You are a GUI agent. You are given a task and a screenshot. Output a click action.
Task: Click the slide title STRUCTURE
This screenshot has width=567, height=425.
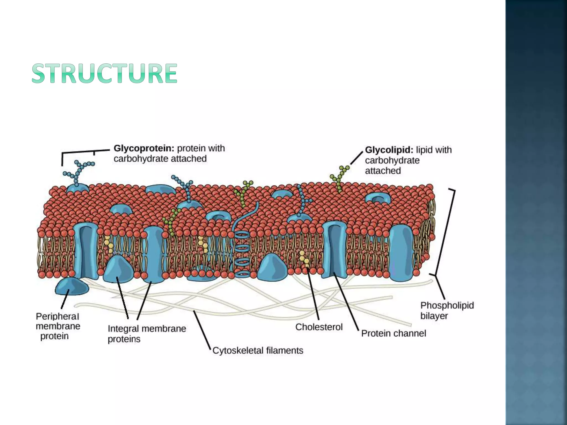pos(104,73)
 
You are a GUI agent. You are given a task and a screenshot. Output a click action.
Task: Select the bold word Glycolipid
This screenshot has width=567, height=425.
pos(389,150)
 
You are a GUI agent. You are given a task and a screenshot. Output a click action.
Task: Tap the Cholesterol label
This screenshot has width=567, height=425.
pos(319,327)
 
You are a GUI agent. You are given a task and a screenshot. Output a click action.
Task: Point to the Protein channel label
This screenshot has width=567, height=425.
pos(393,333)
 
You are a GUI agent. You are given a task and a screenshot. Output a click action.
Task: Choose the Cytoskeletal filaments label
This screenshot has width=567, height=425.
pos(258,351)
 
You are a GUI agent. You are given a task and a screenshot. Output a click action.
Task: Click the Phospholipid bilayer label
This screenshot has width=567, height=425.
pos(447,310)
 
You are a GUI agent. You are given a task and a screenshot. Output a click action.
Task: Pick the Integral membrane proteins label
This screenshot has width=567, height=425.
pos(147,334)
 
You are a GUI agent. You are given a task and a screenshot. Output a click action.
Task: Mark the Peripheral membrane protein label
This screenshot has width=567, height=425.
pos(58,326)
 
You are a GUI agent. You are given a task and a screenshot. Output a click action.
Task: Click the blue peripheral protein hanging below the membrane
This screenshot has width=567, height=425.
pos(72,287)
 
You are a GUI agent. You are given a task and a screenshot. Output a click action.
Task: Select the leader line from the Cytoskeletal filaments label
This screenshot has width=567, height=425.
pos(202,329)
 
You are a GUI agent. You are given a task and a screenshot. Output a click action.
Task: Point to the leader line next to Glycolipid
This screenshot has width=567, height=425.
pos(357,158)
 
